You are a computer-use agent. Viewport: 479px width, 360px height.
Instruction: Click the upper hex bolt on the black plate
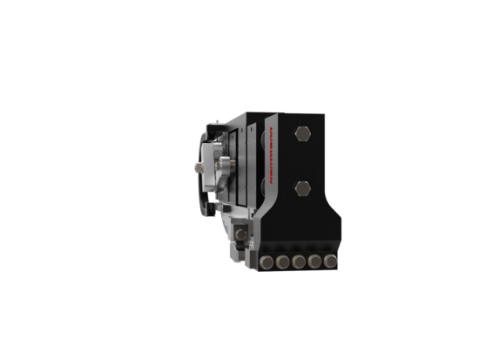[302, 134]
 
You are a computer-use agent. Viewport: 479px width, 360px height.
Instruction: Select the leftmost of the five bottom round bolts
[265, 262]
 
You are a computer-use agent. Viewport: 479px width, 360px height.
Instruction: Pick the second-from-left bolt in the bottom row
[281, 262]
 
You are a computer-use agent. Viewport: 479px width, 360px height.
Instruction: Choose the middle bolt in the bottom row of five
[298, 262]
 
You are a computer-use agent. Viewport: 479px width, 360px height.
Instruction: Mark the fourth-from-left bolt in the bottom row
[314, 262]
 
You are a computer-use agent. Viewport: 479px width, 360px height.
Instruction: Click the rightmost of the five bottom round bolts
[329, 262]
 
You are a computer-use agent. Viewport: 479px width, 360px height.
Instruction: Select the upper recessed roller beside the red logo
[259, 144]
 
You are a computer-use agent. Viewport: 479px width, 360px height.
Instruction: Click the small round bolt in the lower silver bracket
[241, 234]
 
